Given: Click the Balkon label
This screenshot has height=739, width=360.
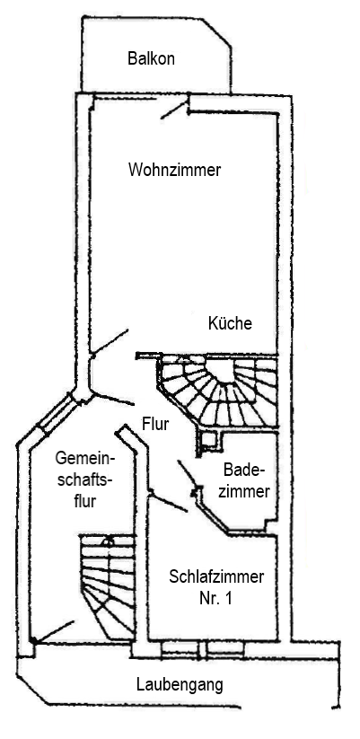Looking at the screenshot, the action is pos(151,59).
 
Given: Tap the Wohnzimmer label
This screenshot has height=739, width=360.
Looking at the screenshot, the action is pos(174,170).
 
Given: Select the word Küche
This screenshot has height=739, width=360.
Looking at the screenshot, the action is pos(230,323).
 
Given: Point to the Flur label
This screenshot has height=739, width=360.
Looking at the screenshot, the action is pos(155,424).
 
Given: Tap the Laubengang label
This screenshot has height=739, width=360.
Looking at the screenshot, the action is pos(180,685).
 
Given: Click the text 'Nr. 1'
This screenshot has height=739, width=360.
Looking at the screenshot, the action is pos(215,599).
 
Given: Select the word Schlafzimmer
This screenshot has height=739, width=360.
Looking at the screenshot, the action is pos(216,576).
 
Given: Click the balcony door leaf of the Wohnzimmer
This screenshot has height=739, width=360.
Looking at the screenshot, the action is pos(174,110).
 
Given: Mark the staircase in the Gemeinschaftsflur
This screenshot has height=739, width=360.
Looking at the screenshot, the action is pos(108,587).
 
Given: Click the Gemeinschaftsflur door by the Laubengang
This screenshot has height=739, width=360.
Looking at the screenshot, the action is pos(53,631).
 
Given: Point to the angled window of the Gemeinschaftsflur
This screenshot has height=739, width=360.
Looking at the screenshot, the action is pos(56,414).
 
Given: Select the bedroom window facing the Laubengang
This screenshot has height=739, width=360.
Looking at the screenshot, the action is pos(203,649).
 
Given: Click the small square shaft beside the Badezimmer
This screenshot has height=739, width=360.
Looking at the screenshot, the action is pos(209,440).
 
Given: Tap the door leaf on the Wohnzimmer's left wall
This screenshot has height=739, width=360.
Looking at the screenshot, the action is pos(110,341).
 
